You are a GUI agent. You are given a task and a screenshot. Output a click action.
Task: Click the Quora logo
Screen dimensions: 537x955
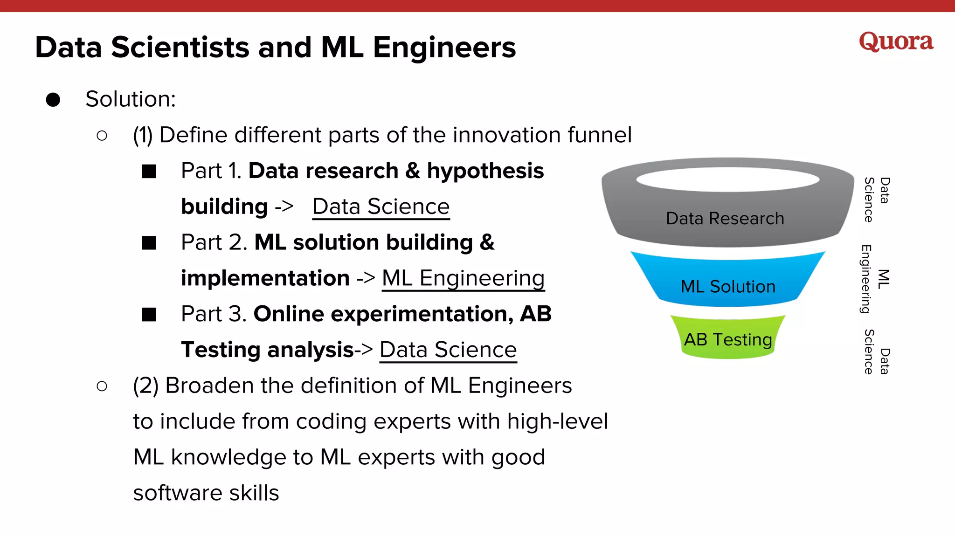[896, 42]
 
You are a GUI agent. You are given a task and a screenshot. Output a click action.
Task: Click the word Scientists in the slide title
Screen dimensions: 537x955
[180, 48]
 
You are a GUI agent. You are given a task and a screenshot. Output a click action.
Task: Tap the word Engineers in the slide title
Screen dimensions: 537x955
[444, 48]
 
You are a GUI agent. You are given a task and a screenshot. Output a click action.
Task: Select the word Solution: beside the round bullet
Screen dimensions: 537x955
[131, 99]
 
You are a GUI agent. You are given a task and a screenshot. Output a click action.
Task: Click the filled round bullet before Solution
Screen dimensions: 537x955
[53, 100]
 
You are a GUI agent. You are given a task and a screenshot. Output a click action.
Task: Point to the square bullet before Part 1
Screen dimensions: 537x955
[149, 171]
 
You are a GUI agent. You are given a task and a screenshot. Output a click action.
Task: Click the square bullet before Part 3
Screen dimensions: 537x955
[149, 315]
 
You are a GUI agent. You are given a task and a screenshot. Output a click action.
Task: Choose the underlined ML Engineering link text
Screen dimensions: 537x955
[463, 278]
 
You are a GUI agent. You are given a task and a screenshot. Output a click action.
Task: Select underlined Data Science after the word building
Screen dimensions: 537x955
[381, 207]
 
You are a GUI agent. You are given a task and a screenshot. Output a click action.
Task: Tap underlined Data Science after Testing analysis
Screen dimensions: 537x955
[448, 350]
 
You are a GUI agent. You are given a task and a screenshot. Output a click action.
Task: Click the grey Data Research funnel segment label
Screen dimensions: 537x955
[725, 218]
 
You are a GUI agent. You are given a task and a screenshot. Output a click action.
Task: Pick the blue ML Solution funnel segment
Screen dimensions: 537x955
[727, 286]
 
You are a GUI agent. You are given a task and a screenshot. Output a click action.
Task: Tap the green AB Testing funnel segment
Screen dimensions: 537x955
[727, 339]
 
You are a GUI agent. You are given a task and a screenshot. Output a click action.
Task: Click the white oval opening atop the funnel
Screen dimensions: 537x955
[727, 179]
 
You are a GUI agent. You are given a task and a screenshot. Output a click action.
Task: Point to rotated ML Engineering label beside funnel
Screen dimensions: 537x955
[874, 279]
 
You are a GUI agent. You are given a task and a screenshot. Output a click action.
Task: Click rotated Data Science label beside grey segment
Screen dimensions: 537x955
[876, 200]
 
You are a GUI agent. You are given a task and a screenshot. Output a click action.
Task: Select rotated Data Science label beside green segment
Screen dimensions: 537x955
[876, 352]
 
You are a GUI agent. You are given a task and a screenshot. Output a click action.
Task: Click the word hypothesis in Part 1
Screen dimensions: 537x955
[485, 171]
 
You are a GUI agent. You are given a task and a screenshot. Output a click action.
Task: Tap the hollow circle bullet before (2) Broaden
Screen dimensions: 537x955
[102, 386]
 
